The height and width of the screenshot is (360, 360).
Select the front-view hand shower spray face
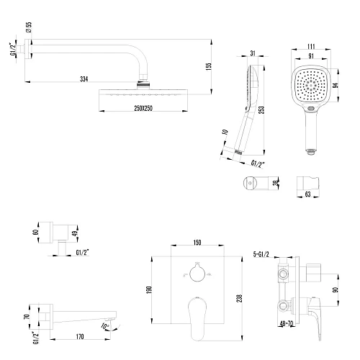pyautogui.click(x=314, y=90)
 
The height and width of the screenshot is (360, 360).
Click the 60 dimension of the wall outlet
pyautogui.click(x=37, y=233)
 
